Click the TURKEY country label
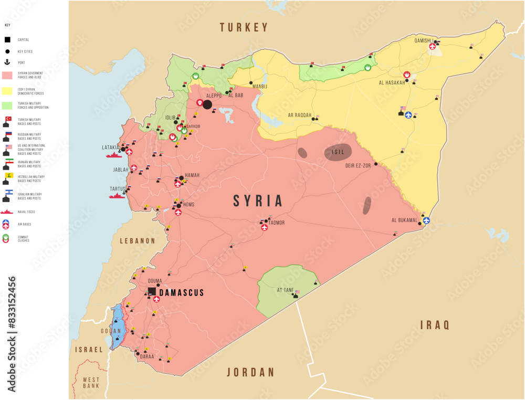pyautogui.click(x=244, y=27)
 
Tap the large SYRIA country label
pyautogui.click(x=258, y=201)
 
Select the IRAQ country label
pyautogui.click(x=435, y=325)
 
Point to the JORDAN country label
pyautogui.click(x=250, y=372)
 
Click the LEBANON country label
pyautogui.click(x=138, y=241)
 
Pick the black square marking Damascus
pyautogui.click(x=152, y=291)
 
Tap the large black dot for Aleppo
pyautogui.click(x=207, y=105)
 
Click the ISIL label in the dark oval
pyautogui.click(x=338, y=152)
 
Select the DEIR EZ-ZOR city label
pyautogui.click(x=358, y=165)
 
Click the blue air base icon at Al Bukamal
pyautogui.click(x=426, y=220)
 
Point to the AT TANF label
pyautogui.click(x=286, y=290)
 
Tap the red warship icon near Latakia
pyautogui.click(x=113, y=155)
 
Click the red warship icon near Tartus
pyautogui.click(x=117, y=196)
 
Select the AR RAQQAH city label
pyautogui.click(x=299, y=115)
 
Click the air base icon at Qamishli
pyautogui.click(x=432, y=46)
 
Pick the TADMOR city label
pyautogui.click(x=276, y=223)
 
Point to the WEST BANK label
pyautogui.click(x=91, y=382)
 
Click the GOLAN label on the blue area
pyautogui.click(x=111, y=331)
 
